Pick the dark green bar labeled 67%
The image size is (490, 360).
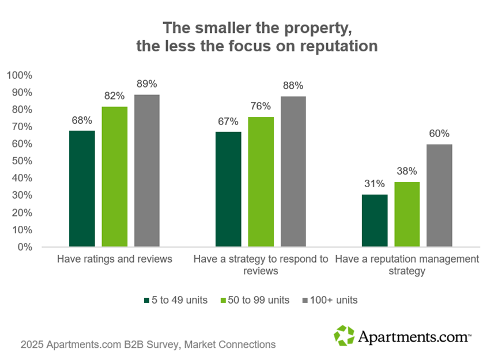pyautogui.click(x=228, y=190)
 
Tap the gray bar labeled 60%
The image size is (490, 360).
pyautogui.click(x=440, y=196)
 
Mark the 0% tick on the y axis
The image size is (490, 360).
pyautogui.click(x=25, y=247)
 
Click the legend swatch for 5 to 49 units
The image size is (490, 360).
pyautogui.click(x=146, y=300)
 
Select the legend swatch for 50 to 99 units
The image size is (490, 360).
pyautogui.click(x=224, y=300)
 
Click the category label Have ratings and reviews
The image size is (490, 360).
pyautogui.click(x=115, y=259)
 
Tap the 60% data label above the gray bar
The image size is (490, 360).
pyautogui.click(x=440, y=134)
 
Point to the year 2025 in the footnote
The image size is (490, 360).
pyautogui.click(x=32, y=345)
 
